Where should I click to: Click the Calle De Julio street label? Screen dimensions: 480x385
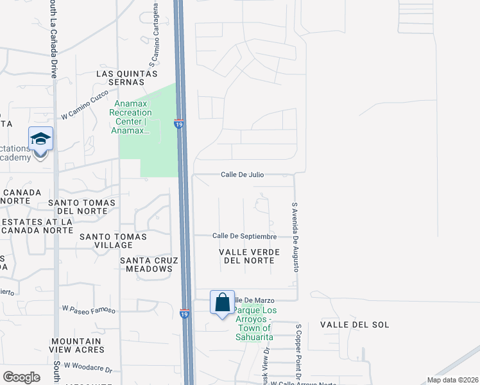point(243,175)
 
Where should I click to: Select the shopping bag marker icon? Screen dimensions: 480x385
point(222,302)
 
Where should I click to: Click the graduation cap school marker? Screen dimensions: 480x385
point(40,139)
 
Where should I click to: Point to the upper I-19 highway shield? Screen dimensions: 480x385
point(178,123)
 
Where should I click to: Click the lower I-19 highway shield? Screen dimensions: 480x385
point(184,314)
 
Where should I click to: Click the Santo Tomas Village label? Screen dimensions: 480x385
point(113,241)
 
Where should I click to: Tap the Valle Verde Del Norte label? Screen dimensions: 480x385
point(247,257)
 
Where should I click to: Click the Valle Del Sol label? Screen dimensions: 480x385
point(355,325)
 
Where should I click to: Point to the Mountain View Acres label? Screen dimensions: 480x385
point(76,345)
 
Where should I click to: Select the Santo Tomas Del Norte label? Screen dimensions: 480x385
point(81,207)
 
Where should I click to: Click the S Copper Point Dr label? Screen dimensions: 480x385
point(298,345)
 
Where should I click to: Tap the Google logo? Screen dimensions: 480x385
point(21,377)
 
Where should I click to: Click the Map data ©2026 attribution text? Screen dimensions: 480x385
point(451,380)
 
